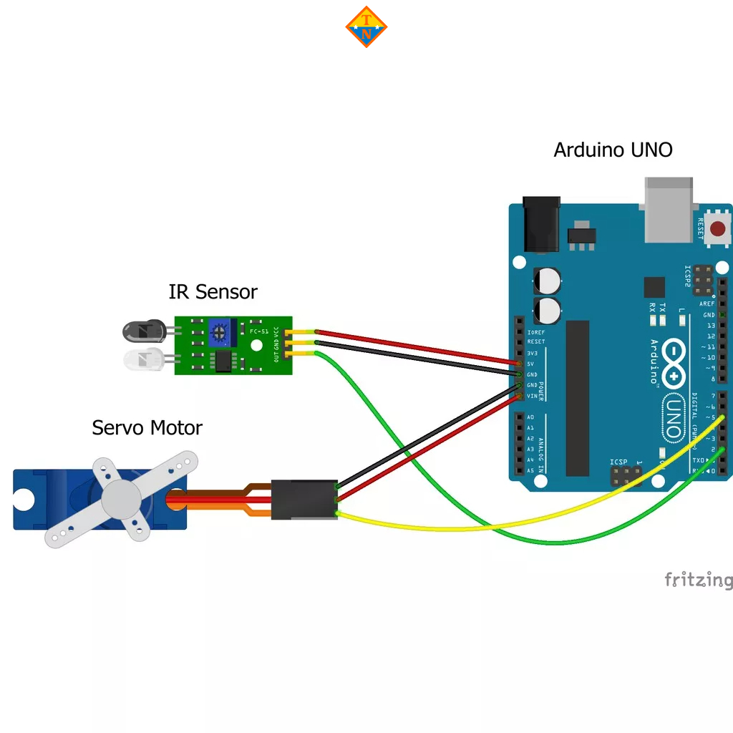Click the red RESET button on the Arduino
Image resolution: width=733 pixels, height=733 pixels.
click(x=717, y=230)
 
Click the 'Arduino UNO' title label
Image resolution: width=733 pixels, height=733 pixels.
click(x=613, y=150)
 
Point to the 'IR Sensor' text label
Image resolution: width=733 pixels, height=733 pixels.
click(x=213, y=292)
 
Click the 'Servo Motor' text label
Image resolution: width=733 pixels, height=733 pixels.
click(x=147, y=428)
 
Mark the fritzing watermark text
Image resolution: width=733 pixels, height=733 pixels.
click(x=698, y=580)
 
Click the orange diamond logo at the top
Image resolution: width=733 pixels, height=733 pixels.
click(x=366, y=27)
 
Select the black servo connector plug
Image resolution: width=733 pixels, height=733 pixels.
click(x=304, y=500)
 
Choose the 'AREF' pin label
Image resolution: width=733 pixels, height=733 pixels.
click(x=707, y=304)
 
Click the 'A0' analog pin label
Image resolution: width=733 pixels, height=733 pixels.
click(x=530, y=417)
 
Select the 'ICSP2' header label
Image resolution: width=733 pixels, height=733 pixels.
click(x=688, y=276)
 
